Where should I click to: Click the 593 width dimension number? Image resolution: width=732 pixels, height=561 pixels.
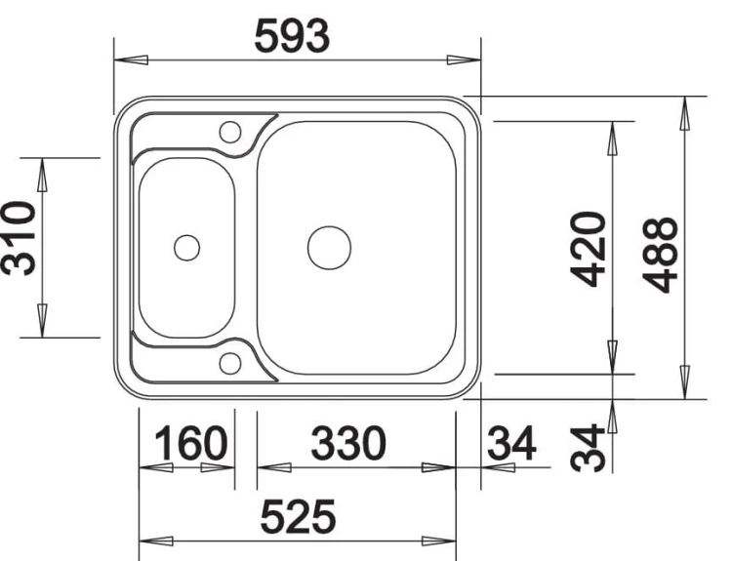(292, 36)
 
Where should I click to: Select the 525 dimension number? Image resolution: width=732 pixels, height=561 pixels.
(298, 516)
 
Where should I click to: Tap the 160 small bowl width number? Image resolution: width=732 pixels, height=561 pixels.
(190, 443)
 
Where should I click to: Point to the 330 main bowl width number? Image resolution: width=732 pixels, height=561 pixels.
(348, 442)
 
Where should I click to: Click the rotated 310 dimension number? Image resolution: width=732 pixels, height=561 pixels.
(19, 238)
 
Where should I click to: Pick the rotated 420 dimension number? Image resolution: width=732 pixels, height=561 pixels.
(589, 249)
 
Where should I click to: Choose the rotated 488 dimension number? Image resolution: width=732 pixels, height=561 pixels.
(660, 256)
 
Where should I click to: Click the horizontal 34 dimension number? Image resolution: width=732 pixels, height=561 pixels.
(511, 442)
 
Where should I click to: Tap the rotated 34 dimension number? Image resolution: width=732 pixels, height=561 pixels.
(588, 448)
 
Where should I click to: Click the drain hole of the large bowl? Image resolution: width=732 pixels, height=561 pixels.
(329, 248)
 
